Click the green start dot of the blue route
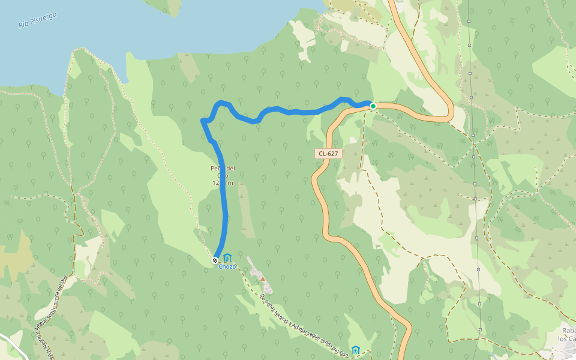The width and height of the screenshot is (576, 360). click(x=373, y=106)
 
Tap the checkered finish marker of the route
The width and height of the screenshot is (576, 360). click(x=215, y=260)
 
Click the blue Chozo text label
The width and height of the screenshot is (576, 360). click(x=227, y=266)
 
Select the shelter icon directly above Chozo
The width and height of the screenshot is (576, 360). click(x=227, y=258)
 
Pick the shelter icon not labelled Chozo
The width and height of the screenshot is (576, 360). click(x=356, y=350)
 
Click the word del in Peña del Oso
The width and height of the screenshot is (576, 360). click(x=229, y=168)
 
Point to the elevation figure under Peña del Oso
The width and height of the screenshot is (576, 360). click(x=222, y=182)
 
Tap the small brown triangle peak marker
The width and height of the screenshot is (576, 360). click(x=262, y=279)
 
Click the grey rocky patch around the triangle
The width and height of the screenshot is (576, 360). click(x=259, y=275)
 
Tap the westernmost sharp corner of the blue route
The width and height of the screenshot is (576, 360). click(x=203, y=122)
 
